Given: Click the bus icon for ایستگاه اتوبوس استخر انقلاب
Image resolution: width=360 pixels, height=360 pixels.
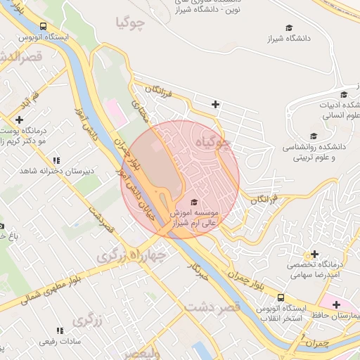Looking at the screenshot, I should point(281,298).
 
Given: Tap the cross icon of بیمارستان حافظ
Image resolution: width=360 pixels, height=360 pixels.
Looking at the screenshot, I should point(337,304).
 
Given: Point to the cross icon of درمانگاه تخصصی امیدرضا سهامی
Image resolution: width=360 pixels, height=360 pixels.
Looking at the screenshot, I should point(314,254).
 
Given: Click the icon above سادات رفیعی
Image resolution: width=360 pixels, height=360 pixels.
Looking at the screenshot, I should point(59,330).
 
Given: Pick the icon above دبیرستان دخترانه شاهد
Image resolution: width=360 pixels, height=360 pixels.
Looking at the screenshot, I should point(56,160).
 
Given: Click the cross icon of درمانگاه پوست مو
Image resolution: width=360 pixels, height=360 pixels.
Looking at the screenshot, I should point(19,120).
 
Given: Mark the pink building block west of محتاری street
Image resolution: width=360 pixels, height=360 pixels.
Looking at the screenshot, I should point(113,109).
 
